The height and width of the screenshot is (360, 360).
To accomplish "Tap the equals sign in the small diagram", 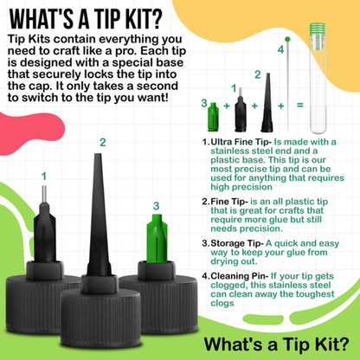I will (x=300, y=106).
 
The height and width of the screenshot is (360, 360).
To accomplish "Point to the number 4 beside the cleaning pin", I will (x=280, y=50).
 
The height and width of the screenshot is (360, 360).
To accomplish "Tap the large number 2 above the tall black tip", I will (x=103, y=141).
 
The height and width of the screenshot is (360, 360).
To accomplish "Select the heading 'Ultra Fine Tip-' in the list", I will (x=241, y=140).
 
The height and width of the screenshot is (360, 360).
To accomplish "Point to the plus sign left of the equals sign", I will (x=280, y=106).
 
